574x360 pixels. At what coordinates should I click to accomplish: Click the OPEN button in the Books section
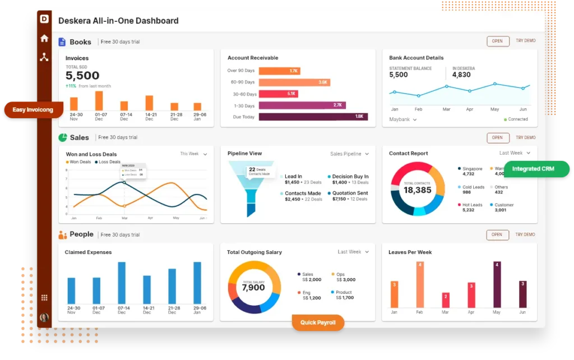tap(497, 41)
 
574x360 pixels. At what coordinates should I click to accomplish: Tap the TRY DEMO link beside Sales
tap(525, 137)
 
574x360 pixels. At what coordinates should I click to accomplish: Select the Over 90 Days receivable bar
tap(279, 71)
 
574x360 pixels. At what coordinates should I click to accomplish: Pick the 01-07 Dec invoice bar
tap(99, 101)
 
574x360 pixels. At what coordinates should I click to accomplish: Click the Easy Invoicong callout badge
tap(33, 110)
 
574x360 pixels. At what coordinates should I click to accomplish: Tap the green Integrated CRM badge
tap(536, 169)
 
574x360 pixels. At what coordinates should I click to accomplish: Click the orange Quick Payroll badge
tap(318, 322)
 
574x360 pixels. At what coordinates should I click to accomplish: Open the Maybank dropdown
tap(403, 119)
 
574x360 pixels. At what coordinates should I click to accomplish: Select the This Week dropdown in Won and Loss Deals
tap(193, 154)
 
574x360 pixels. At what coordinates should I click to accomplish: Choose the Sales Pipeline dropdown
tap(349, 154)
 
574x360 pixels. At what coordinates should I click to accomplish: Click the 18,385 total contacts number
tap(417, 191)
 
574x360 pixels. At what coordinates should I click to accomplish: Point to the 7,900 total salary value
tap(253, 288)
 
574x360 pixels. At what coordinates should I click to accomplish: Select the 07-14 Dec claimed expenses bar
tap(122, 283)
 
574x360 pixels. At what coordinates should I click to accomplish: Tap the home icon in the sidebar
tap(44, 39)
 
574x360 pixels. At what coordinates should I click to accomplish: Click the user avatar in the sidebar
tap(44, 317)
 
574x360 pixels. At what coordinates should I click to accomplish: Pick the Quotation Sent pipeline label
tap(350, 193)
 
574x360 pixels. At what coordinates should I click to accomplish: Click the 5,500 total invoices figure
tap(82, 76)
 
